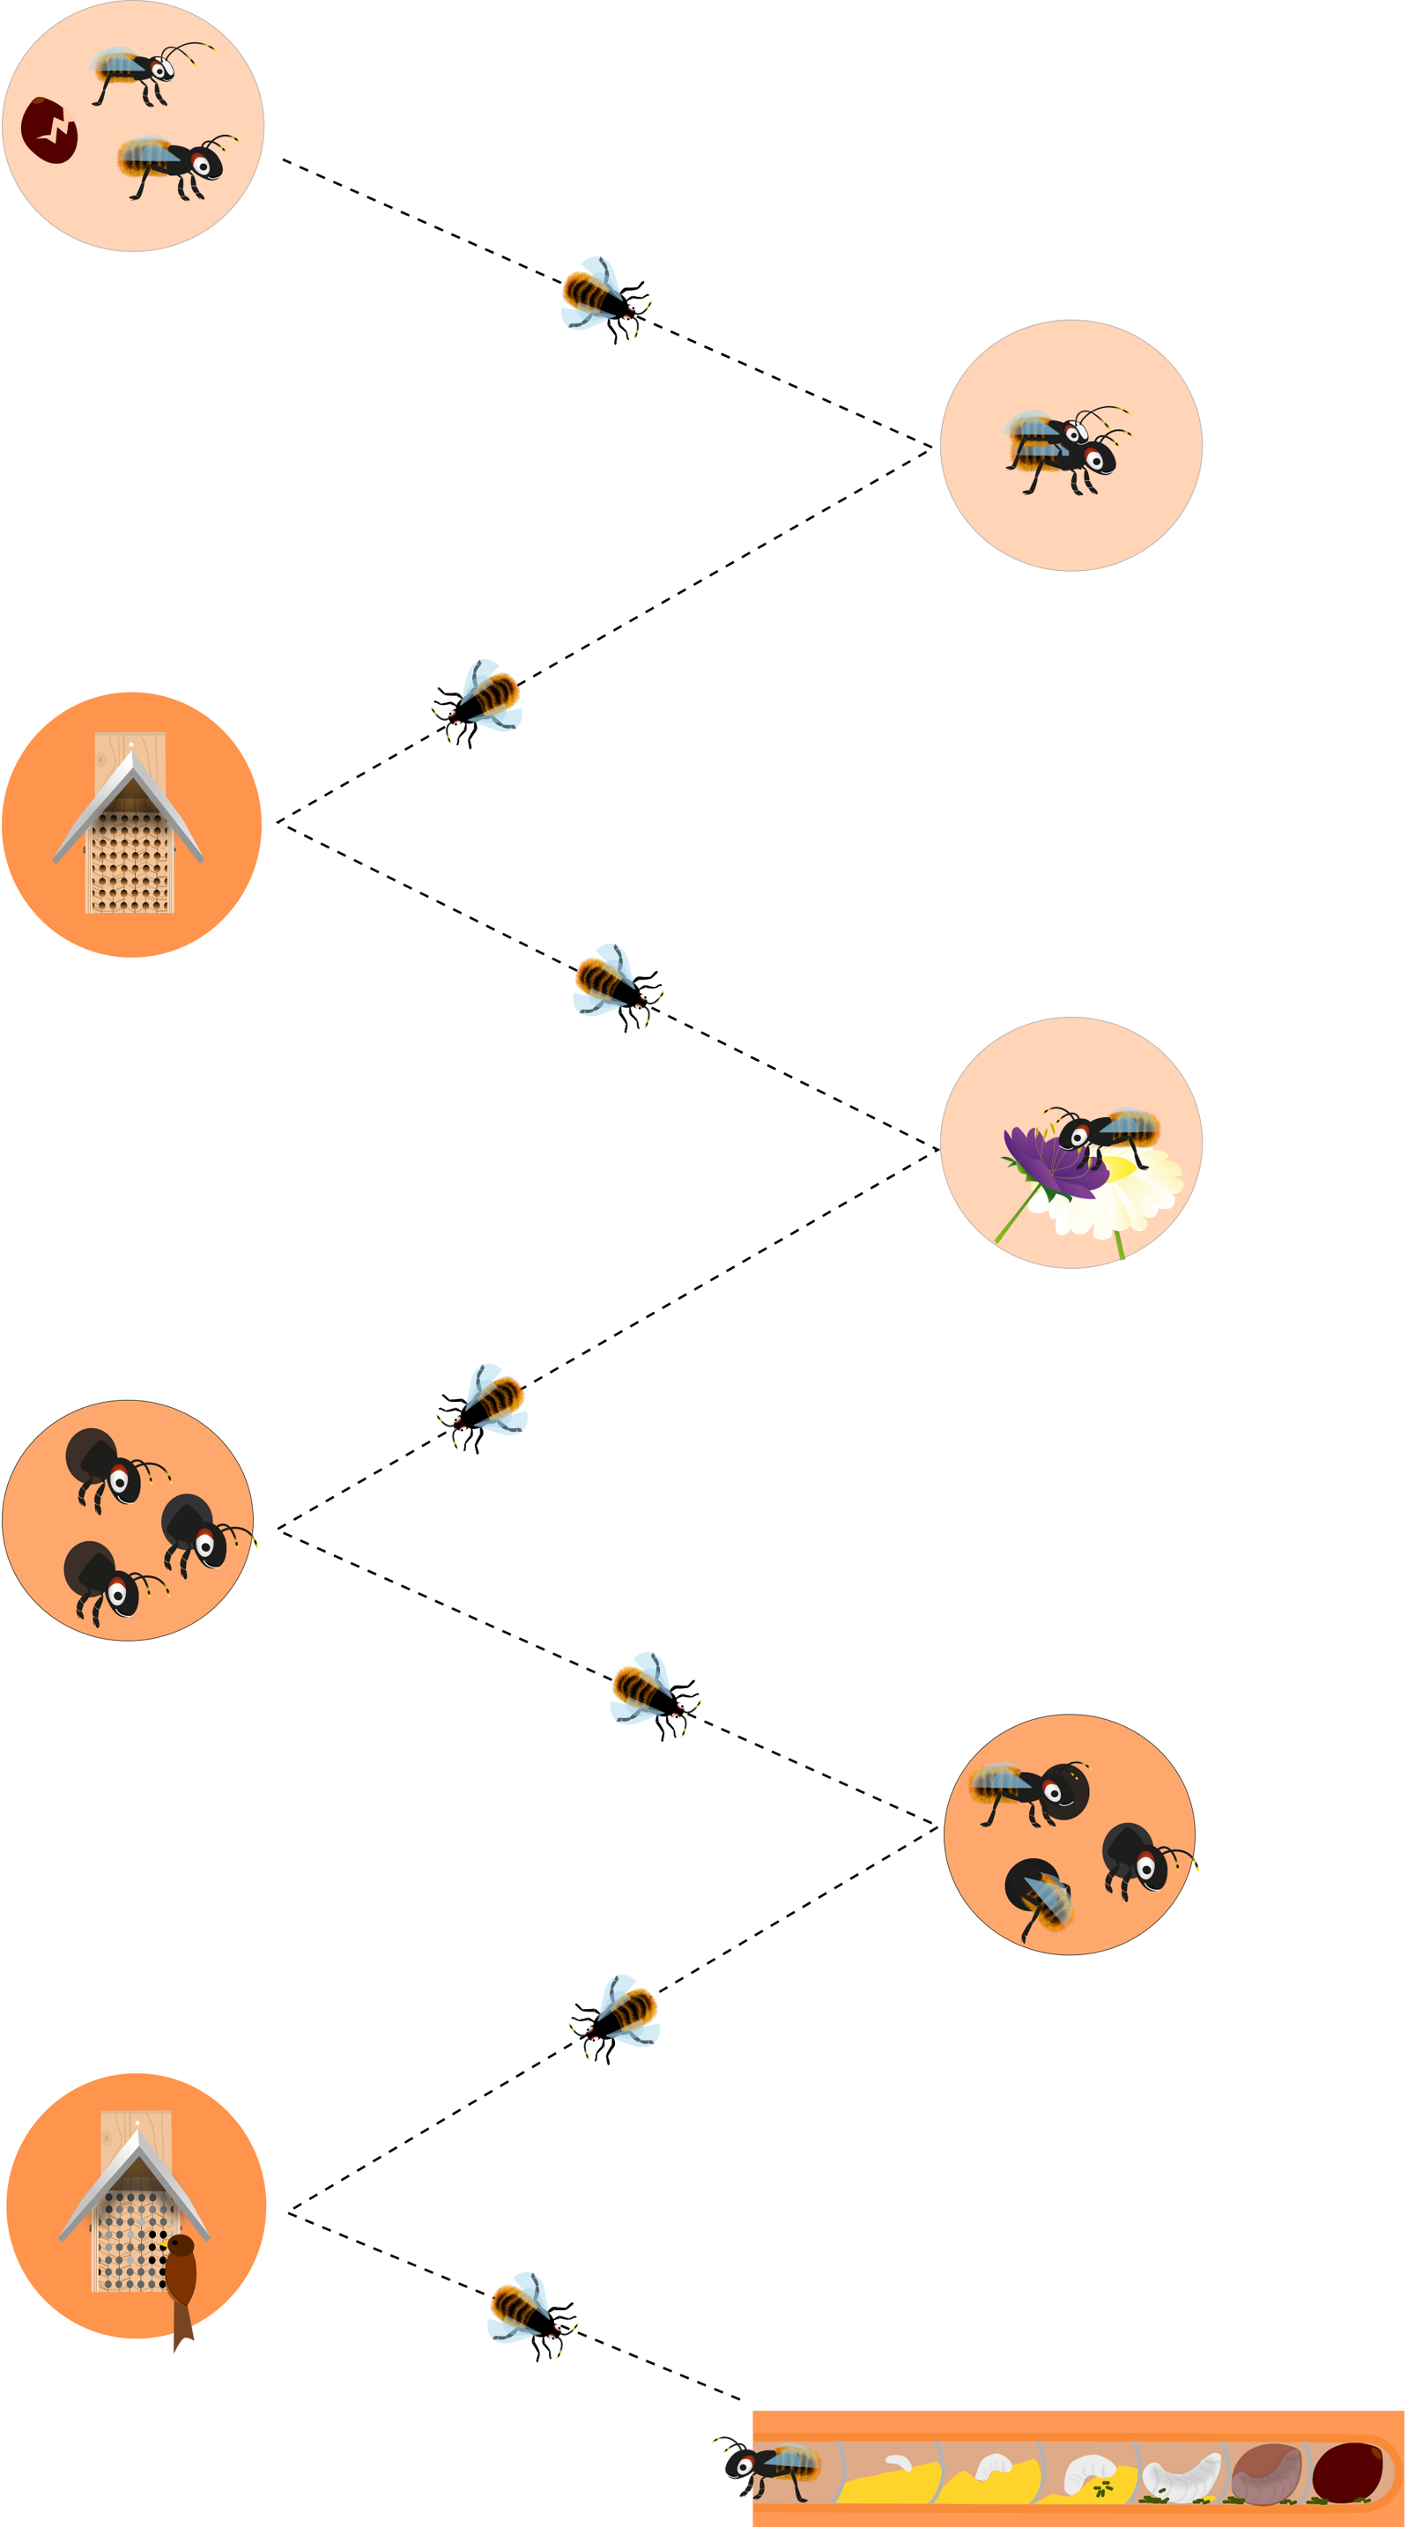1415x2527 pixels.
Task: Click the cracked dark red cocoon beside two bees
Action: click(49, 130)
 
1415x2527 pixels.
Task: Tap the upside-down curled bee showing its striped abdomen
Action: click(1041, 1892)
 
